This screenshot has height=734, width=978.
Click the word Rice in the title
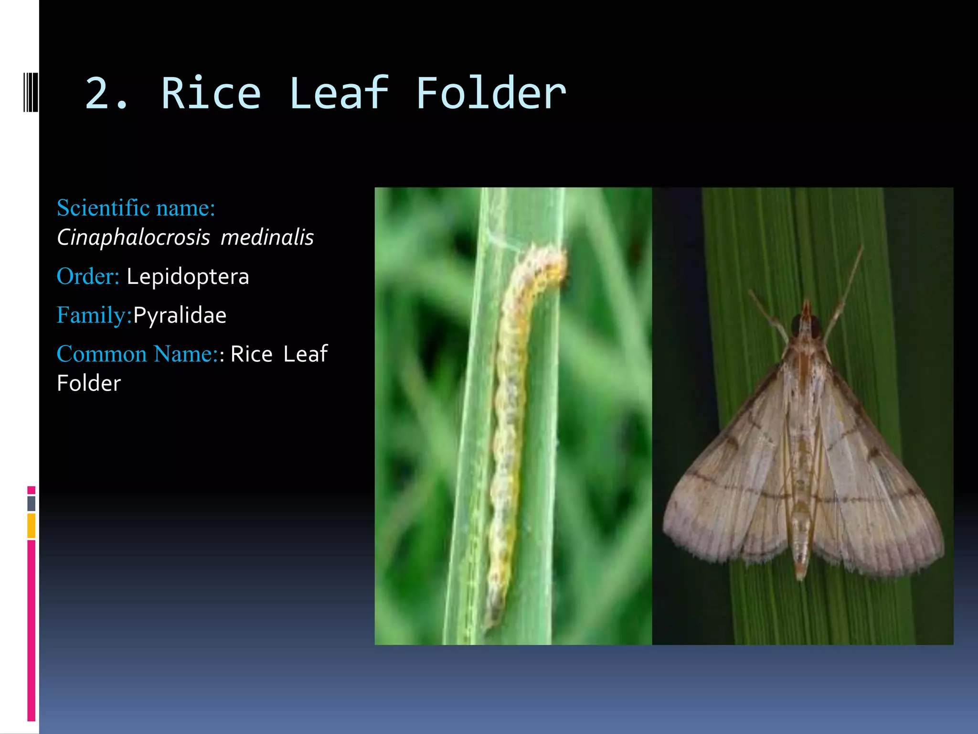(x=211, y=94)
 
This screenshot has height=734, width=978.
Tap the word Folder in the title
(x=490, y=94)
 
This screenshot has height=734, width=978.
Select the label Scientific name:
(x=136, y=208)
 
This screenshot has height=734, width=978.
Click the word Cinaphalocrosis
(x=133, y=237)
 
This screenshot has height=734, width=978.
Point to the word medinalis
(x=267, y=237)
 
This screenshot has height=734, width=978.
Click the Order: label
(x=88, y=276)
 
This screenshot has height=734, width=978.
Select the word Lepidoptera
(x=188, y=277)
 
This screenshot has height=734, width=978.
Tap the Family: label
(x=94, y=315)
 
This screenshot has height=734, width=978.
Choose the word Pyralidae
(x=180, y=315)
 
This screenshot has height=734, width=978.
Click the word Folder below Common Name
(x=89, y=383)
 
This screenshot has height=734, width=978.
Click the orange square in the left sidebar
(x=32, y=526)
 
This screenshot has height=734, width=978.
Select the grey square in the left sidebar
(x=32, y=503)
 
